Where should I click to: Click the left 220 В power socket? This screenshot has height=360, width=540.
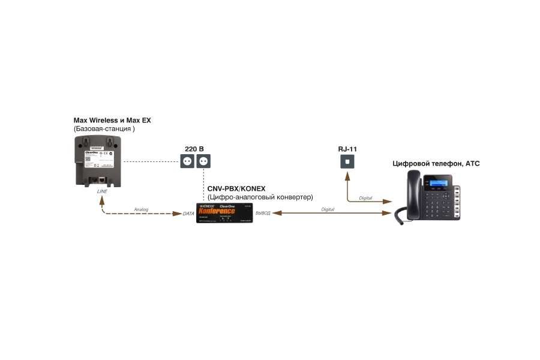[188, 161]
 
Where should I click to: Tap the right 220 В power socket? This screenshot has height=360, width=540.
[204, 161]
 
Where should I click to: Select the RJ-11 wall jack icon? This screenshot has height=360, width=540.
[347, 162]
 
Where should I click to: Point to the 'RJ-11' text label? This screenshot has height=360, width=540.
[347, 148]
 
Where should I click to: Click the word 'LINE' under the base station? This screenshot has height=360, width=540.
[103, 191]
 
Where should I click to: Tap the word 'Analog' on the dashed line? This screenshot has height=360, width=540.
[141, 209]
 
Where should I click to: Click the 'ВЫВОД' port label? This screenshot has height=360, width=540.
[263, 214]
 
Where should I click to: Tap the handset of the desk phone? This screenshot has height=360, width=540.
[412, 193]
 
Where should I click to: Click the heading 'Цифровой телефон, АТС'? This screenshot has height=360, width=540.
[436, 163]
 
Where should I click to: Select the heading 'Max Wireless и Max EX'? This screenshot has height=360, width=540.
[112, 120]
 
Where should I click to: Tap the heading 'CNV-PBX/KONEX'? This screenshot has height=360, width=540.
[236, 188]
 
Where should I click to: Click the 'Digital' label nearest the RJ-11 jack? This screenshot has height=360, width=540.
[365, 198]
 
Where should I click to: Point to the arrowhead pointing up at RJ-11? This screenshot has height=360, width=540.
[347, 176]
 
